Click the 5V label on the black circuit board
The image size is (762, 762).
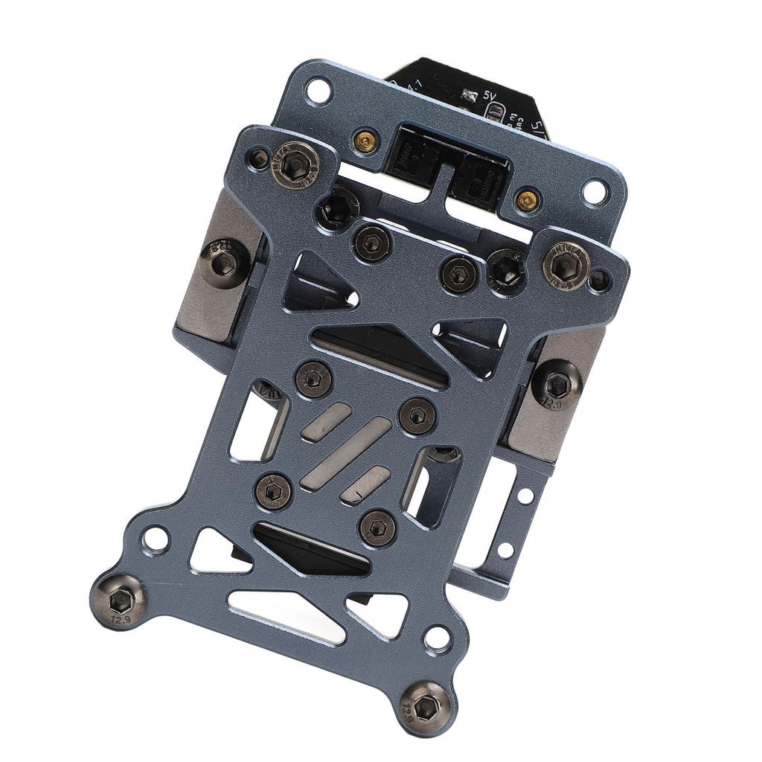click(x=490, y=96)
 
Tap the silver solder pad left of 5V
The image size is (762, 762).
click(x=469, y=95)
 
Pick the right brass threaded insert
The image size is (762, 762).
click(x=528, y=199)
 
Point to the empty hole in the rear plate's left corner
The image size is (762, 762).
click(x=318, y=92)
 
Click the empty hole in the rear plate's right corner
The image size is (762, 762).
click(x=595, y=191)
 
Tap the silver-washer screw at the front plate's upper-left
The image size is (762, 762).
click(x=295, y=161)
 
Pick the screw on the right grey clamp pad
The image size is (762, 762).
click(x=557, y=385)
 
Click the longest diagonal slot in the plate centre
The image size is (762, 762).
click(x=346, y=453)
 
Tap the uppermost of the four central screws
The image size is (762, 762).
click(x=313, y=380)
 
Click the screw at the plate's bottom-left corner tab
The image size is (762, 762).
click(x=119, y=601)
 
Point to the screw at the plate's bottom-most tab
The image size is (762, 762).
click(x=427, y=708)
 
